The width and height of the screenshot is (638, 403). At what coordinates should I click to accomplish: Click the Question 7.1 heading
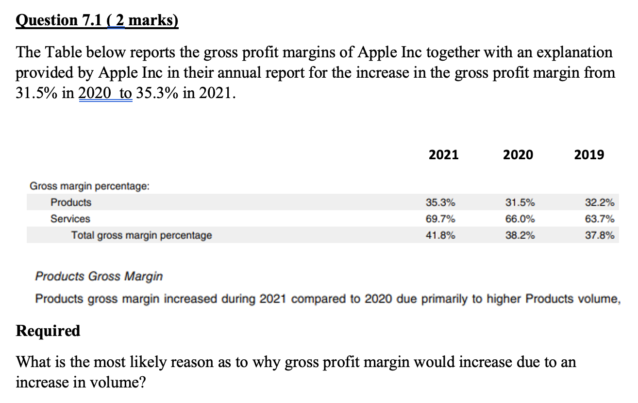(97, 21)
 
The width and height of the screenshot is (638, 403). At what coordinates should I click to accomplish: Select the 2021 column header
(444, 155)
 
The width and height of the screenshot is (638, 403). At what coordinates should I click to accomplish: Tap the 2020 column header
(518, 155)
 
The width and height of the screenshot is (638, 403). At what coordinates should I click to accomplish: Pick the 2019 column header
(589, 155)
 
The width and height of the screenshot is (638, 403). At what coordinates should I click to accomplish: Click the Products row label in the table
(71, 202)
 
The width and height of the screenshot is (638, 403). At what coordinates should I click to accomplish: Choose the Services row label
(70, 219)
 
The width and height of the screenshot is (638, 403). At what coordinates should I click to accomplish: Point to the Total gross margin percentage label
(141, 235)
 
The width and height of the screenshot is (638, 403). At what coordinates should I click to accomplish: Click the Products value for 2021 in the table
(440, 202)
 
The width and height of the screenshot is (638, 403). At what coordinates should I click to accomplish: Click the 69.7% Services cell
(440, 219)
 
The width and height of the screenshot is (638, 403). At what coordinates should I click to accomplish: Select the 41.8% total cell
(440, 235)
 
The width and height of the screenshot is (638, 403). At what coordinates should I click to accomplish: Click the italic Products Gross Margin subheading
(99, 277)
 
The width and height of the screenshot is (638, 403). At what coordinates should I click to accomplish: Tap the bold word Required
(48, 331)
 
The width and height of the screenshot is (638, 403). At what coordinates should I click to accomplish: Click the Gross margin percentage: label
(90, 186)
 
